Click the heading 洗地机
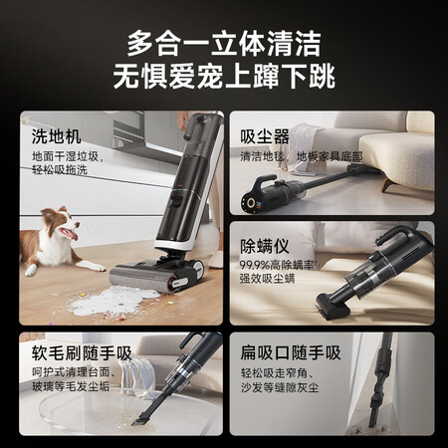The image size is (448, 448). click(x=56, y=136)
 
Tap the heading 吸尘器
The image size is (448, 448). click(x=265, y=136)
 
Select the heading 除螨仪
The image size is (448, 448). click(x=265, y=246)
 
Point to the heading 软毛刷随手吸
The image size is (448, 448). click(x=82, y=353)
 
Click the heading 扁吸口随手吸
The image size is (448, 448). click(x=291, y=352)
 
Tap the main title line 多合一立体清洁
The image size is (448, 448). click(x=224, y=44)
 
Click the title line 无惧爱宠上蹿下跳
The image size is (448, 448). click(x=224, y=77)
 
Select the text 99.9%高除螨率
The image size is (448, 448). click(x=278, y=265)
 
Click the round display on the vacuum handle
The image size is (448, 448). click(x=251, y=202)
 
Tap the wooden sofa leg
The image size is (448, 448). click(x=387, y=183)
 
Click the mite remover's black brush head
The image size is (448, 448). click(x=334, y=307)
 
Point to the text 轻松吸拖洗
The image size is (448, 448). click(x=60, y=170)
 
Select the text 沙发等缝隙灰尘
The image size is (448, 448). click(x=280, y=387)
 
